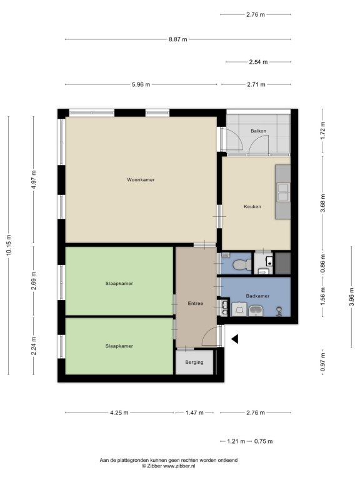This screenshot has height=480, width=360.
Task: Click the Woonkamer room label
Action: [141, 180]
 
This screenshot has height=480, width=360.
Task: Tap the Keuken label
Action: [252, 207]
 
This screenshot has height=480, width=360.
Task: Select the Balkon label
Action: [258, 131]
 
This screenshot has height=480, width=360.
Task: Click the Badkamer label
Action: [257, 296]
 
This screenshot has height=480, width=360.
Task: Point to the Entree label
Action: [195, 303]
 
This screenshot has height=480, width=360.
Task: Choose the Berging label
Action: [194, 362]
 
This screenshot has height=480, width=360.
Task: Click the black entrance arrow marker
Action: [235, 339]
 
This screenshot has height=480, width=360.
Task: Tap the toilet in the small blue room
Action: [242, 264]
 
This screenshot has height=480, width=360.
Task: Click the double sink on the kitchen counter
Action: [284, 192]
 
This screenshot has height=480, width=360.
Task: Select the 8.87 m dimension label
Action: [178, 39]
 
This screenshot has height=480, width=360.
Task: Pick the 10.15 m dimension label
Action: [9, 245]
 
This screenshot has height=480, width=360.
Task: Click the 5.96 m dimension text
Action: [141, 84]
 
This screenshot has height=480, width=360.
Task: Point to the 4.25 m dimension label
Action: [119, 412]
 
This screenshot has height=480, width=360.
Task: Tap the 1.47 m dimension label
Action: [194, 412]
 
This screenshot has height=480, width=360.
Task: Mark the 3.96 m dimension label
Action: [351, 297]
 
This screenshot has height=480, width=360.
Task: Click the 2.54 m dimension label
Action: [258, 62]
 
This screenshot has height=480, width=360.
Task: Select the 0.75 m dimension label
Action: [263, 441]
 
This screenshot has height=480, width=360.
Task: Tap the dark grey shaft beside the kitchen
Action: [282, 263]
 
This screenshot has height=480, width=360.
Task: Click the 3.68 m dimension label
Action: [324, 202]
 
